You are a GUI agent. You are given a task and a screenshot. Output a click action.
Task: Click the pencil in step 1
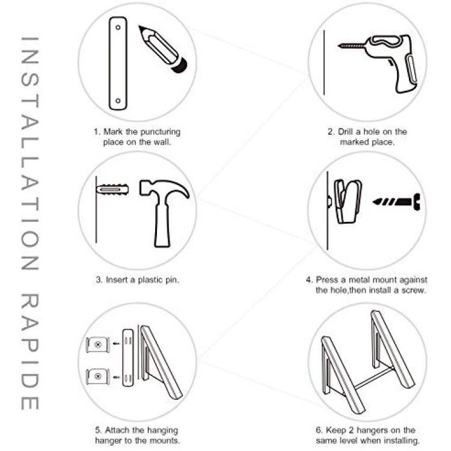click(163, 49)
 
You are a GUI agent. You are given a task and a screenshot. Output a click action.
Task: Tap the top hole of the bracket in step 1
click(118, 28)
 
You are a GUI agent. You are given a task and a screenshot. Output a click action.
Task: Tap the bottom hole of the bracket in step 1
click(118, 100)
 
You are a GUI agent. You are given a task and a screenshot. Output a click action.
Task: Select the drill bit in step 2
click(352, 46)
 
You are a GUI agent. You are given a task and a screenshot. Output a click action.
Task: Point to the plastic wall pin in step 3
click(112, 189)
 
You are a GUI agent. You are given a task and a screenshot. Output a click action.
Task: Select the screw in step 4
click(397, 201)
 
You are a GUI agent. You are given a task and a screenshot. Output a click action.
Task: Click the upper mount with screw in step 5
click(98, 345)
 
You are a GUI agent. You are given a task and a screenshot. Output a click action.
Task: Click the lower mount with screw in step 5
click(98, 376)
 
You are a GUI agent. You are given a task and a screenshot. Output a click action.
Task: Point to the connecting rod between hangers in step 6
click(373, 378)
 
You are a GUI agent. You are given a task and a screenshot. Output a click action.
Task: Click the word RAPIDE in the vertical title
click(29, 351)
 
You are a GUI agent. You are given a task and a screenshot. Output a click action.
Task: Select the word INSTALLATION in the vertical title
click(29, 153)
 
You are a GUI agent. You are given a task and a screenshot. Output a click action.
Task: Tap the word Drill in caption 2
click(345, 132)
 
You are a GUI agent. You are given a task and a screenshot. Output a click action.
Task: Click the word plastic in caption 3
click(150, 280)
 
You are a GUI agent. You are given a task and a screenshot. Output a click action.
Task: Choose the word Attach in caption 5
click(117, 430)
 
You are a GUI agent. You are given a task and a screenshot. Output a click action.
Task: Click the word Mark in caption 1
click(113, 132)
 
